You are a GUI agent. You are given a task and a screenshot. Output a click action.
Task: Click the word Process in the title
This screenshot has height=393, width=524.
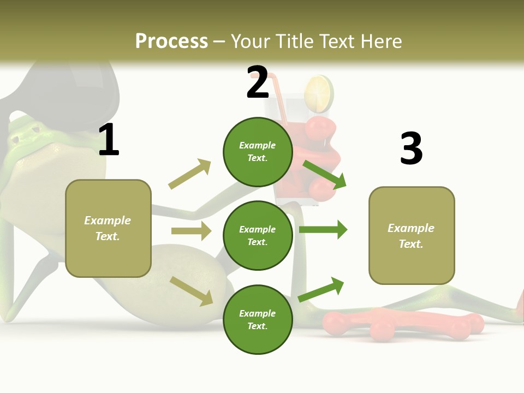171,41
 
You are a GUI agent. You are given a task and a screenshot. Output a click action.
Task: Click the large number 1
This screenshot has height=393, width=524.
109,140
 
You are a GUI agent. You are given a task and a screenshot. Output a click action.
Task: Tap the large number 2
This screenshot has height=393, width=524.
258,82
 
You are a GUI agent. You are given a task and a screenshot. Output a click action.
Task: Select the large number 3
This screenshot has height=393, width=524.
411,148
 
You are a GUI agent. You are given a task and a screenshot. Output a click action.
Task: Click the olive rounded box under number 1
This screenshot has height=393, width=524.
108,228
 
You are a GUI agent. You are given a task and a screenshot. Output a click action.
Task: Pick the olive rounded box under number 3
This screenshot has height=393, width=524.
412,236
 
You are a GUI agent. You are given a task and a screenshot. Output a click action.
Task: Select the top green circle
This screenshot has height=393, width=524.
258,152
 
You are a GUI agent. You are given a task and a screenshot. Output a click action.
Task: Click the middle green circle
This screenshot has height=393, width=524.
258,236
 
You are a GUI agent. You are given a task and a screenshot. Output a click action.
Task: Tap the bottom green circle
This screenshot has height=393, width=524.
258,320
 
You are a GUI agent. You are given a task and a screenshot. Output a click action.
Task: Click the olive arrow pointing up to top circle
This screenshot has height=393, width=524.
190,174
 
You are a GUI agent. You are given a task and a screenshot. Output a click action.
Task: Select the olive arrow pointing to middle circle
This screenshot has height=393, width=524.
191,231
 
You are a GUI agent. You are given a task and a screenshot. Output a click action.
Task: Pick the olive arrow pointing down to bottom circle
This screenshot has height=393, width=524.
192,291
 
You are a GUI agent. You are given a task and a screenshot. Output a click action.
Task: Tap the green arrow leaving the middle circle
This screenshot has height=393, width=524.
323,230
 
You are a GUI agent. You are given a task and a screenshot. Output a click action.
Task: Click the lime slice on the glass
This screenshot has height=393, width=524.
319,93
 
